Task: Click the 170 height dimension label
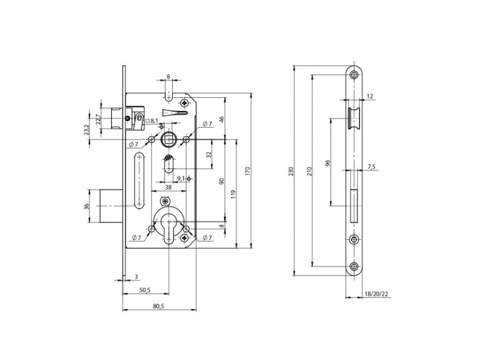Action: (248, 170)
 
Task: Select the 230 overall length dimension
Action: (291, 171)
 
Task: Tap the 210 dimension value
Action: (309, 171)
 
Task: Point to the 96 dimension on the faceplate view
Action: (328, 163)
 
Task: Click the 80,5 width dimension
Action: (158, 306)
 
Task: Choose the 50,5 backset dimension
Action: (145, 290)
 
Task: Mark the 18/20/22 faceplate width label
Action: (376, 294)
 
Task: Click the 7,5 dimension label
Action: (371, 167)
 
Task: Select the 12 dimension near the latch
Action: (370, 96)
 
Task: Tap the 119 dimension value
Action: (233, 194)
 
